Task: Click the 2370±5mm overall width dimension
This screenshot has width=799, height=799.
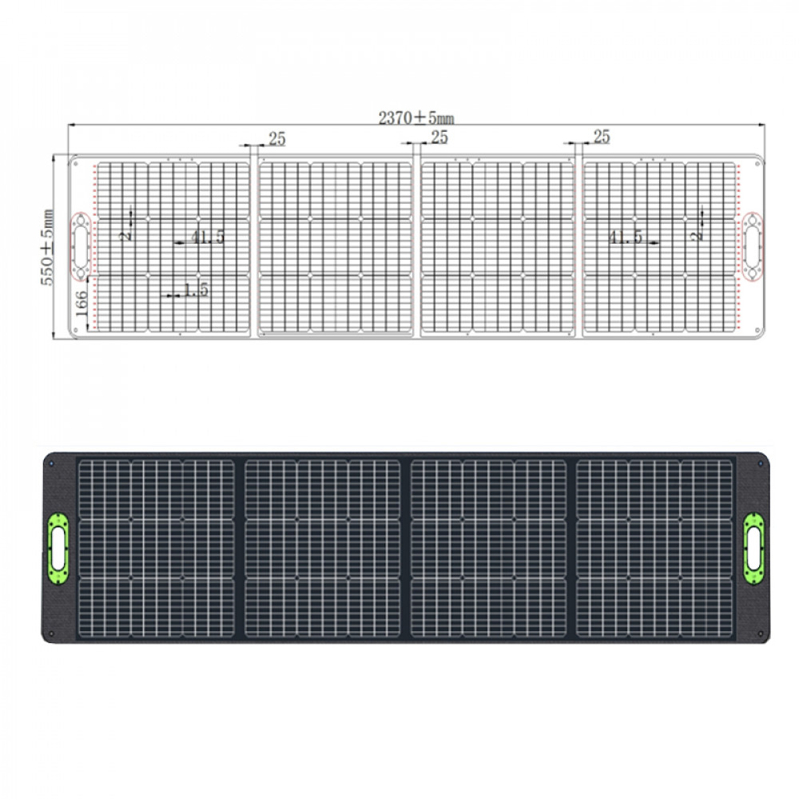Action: [416, 117]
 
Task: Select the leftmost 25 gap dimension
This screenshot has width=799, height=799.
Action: [276, 139]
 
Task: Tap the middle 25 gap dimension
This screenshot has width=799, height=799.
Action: [439, 137]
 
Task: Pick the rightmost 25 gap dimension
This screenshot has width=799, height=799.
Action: [601, 137]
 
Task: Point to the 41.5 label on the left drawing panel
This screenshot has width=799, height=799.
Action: [207, 237]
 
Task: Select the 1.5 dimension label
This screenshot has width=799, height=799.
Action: [195, 291]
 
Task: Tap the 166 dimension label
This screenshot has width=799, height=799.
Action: [81, 304]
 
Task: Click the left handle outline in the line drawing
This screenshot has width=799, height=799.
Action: [81, 246]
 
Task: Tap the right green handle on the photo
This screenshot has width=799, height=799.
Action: [753, 550]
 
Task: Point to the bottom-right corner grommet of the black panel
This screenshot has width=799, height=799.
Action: [759, 634]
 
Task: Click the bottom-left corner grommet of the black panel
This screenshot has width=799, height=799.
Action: [50, 634]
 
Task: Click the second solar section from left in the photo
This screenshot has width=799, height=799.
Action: [322, 549]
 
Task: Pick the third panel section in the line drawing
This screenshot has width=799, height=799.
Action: [497, 248]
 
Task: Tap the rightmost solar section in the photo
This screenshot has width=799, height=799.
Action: [654, 549]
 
